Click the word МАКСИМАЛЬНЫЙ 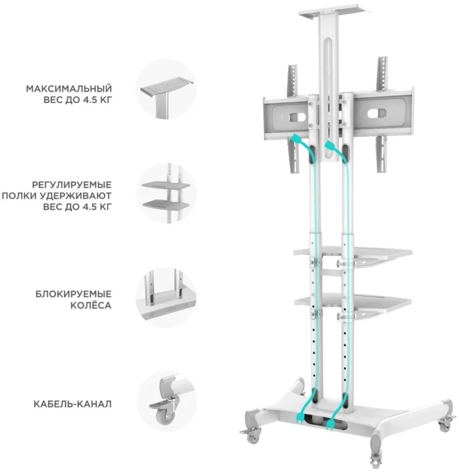69,89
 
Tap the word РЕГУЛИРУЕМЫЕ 72,185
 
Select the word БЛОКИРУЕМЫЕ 73,294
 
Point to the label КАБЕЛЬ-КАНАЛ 72,404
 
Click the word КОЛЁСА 91,305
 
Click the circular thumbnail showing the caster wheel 166,402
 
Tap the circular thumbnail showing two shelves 166,193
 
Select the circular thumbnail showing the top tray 166,89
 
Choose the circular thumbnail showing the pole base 166,297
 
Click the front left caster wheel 251,435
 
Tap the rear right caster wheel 445,423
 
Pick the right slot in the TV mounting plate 376,113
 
